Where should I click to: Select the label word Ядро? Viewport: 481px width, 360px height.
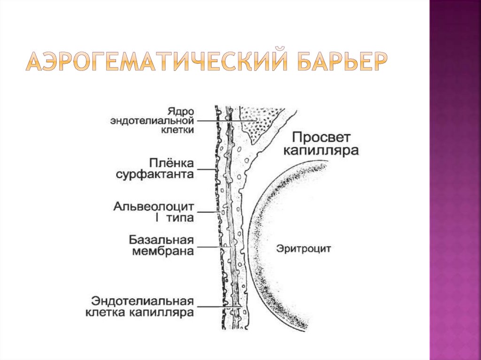click(x=180, y=111)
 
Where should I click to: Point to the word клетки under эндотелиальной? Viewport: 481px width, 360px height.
click(x=177, y=130)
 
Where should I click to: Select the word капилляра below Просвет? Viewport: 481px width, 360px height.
click(x=325, y=151)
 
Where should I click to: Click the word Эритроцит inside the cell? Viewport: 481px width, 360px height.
click(x=296, y=248)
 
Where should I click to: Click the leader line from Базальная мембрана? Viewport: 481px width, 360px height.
click(x=211, y=246)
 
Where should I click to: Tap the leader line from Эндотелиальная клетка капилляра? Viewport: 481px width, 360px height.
click(x=216, y=307)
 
